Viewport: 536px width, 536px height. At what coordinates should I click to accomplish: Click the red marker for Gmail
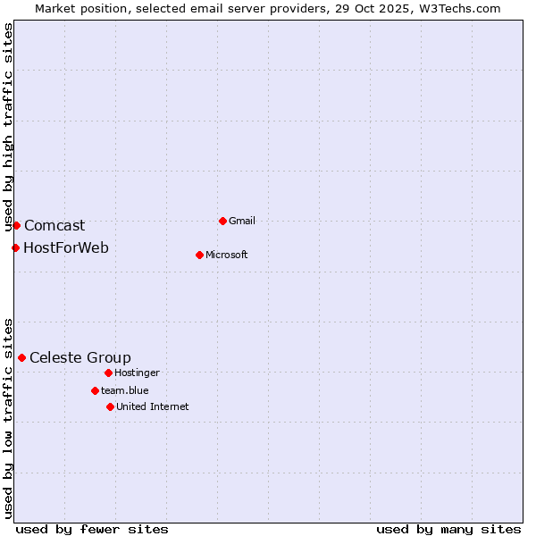point(222,221)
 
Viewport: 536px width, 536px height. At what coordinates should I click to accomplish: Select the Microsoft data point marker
point(199,255)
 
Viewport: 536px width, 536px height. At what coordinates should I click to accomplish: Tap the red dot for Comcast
point(16,225)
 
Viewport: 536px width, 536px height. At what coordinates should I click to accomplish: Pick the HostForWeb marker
point(15,247)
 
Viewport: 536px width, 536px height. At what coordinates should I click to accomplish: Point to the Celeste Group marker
point(21,357)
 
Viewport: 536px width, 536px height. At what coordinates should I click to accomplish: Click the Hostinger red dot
point(108,373)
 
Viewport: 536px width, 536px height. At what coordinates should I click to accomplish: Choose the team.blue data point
point(95,390)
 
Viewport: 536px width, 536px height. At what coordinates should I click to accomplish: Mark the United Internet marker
point(110,406)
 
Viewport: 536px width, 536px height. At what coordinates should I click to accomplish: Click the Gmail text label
point(242,221)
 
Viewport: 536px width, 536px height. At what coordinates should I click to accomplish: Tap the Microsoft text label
point(227,255)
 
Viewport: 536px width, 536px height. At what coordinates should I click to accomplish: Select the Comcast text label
point(54,226)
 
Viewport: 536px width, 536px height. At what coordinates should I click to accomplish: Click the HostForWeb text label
point(66,247)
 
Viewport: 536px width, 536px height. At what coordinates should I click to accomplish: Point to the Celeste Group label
point(80,358)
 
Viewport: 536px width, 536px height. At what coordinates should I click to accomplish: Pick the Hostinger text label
point(137,373)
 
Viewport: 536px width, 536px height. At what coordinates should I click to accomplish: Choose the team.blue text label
point(125,390)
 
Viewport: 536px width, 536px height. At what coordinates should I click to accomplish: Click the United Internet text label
point(153,406)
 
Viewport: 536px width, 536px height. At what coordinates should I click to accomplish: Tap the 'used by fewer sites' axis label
point(92,529)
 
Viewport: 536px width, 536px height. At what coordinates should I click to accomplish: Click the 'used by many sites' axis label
point(448,529)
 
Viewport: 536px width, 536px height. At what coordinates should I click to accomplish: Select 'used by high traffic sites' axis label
point(8,128)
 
